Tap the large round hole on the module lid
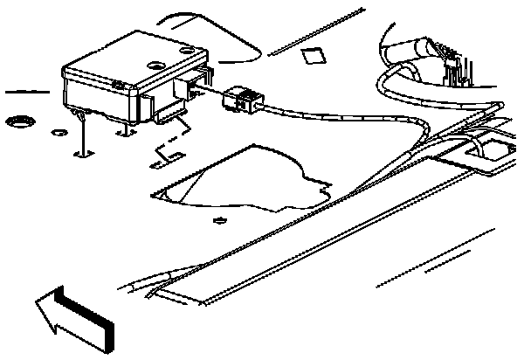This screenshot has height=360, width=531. (x=156, y=64)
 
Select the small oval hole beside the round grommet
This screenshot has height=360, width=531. (x=59, y=132)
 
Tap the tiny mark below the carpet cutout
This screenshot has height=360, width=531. (x=220, y=218)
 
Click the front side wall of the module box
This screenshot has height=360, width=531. (x=100, y=97)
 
